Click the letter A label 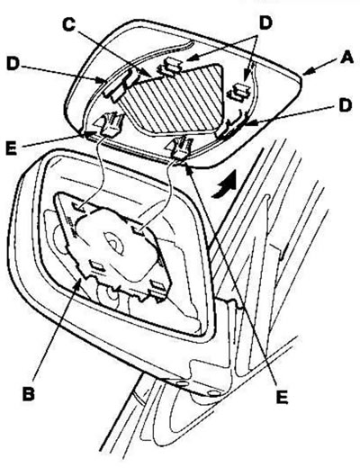(x=346, y=58)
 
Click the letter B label (x=28, y=394)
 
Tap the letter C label (x=68, y=24)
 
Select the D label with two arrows (x=265, y=23)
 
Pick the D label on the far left (x=13, y=64)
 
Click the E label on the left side (x=11, y=148)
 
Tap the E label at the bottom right (x=282, y=398)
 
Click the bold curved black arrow (x=225, y=184)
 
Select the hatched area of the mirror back (x=176, y=99)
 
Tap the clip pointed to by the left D (x=117, y=84)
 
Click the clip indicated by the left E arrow (x=110, y=123)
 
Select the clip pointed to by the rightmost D (x=229, y=128)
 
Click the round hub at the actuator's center (x=113, y=242)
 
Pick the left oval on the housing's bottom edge (x=181, y=384)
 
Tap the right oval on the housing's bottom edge (x=213, y=393)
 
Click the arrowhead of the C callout (x=149, y=75)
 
